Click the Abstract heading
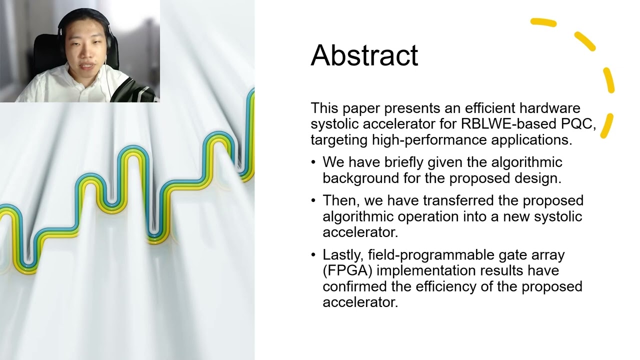(364, 55)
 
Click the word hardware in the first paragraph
(551, 108)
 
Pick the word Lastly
(343, 254)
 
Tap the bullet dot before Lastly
(313, 254)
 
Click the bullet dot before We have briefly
(313, 162)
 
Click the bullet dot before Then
(313, 200)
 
